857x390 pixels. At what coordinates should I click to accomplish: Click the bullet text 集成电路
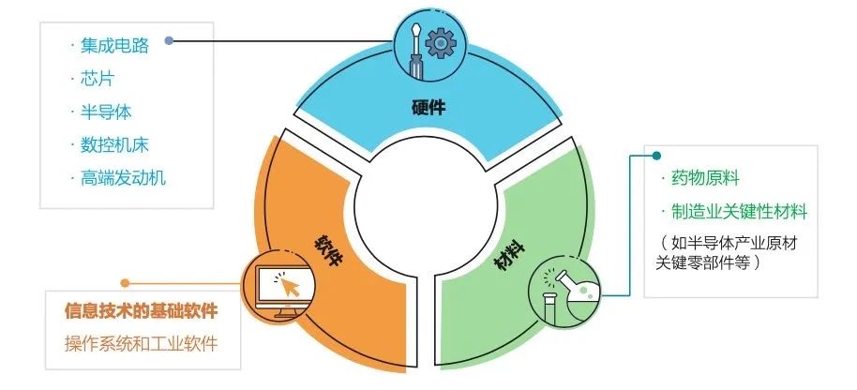tap(114, 45)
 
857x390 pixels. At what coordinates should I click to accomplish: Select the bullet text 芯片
tap(97, 79)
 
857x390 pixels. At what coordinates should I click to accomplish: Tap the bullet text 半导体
tap(106, 112)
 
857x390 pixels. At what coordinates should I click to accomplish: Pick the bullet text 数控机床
tap(114, 144)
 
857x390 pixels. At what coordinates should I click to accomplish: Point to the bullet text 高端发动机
tap(123, 178)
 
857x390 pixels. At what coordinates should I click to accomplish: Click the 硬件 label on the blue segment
tap(428, 108)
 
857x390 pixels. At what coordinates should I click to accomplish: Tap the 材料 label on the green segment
tap(510, 255)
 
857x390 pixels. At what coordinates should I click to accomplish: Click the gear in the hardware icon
tap(441, 44)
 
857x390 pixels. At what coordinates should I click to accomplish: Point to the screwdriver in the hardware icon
tap(415, 51)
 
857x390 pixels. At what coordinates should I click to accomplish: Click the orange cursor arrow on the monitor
tap(291, 285)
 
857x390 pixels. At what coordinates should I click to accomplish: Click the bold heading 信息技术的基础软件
tap(141, 311)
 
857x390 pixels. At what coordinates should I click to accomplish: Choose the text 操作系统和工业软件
tap(141, 344)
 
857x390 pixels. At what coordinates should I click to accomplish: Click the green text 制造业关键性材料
tap(739, 211)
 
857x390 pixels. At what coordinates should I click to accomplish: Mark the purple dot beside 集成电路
tap(170, 40)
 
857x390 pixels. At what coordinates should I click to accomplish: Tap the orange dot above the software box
tap(125, 283)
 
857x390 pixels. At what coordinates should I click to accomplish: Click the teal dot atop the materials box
tap(656, 156)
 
